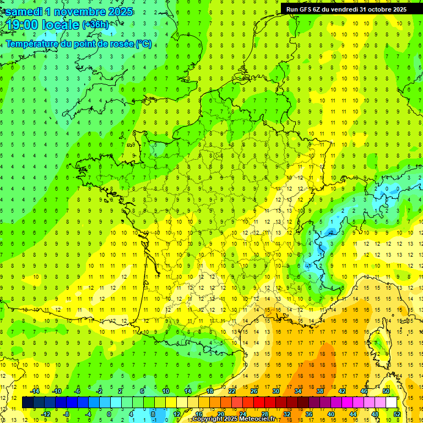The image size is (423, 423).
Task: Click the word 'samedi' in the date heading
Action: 26,12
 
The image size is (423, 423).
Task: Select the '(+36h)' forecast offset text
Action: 95,25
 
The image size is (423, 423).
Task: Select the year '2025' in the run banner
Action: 398,9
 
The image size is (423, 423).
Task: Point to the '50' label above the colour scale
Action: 386,391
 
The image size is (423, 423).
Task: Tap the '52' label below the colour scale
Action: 397,414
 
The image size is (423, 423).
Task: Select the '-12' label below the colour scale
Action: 46,414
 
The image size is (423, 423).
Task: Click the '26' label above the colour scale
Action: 254,391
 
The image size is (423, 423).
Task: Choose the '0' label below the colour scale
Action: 109,414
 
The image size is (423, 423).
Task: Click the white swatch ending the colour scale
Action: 391,403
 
